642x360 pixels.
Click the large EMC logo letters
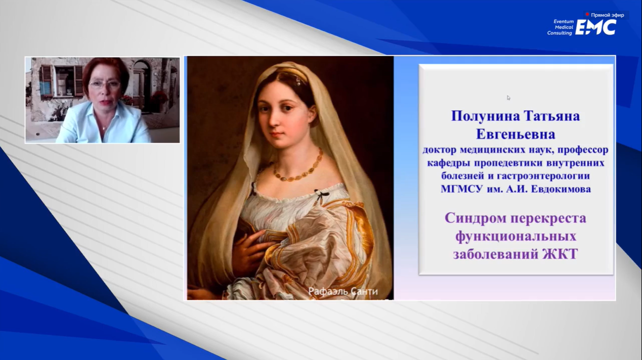(x=596, y=27)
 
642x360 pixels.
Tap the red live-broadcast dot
(x=587, y=14)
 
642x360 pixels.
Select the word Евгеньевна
(x=516, y=134)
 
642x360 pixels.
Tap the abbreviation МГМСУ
(x=461, y=189)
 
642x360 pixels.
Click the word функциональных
(x=516, y=237)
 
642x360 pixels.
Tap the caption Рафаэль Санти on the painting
(x=343, y=292)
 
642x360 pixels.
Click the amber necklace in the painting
(x=298, y=169)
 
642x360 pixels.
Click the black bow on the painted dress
(x=320, y=195)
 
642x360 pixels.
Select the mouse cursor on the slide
(x=508, y=98)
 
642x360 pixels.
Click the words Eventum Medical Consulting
(x=560, y=27)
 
